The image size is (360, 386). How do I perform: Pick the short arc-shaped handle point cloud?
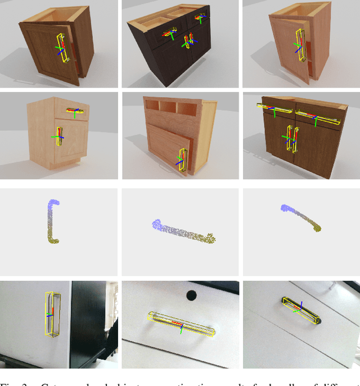(x=302, y=217)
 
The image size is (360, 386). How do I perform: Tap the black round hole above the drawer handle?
(x=191, y=294)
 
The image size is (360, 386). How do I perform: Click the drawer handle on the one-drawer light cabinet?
(x=74, y=111)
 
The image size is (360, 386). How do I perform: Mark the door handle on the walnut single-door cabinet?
(x=63, y=47)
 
